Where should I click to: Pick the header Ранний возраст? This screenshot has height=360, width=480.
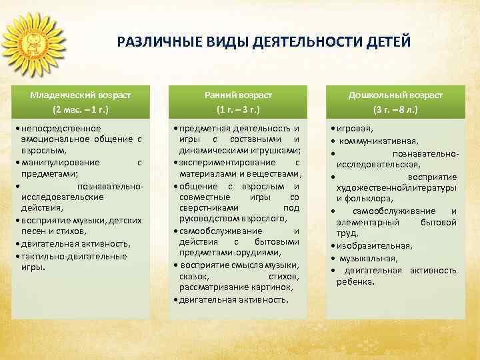point(239,95)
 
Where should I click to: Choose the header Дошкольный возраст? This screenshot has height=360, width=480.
point(395,95)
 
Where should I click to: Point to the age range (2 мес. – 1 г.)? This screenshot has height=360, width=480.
point(81,109)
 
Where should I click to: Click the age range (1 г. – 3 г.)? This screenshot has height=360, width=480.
point(238,109)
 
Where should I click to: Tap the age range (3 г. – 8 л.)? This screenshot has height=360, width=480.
point(395,109)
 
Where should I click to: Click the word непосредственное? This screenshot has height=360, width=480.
point(61,128)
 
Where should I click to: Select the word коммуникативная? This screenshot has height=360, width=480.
point(379,141)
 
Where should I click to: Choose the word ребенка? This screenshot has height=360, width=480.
point(355,281)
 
